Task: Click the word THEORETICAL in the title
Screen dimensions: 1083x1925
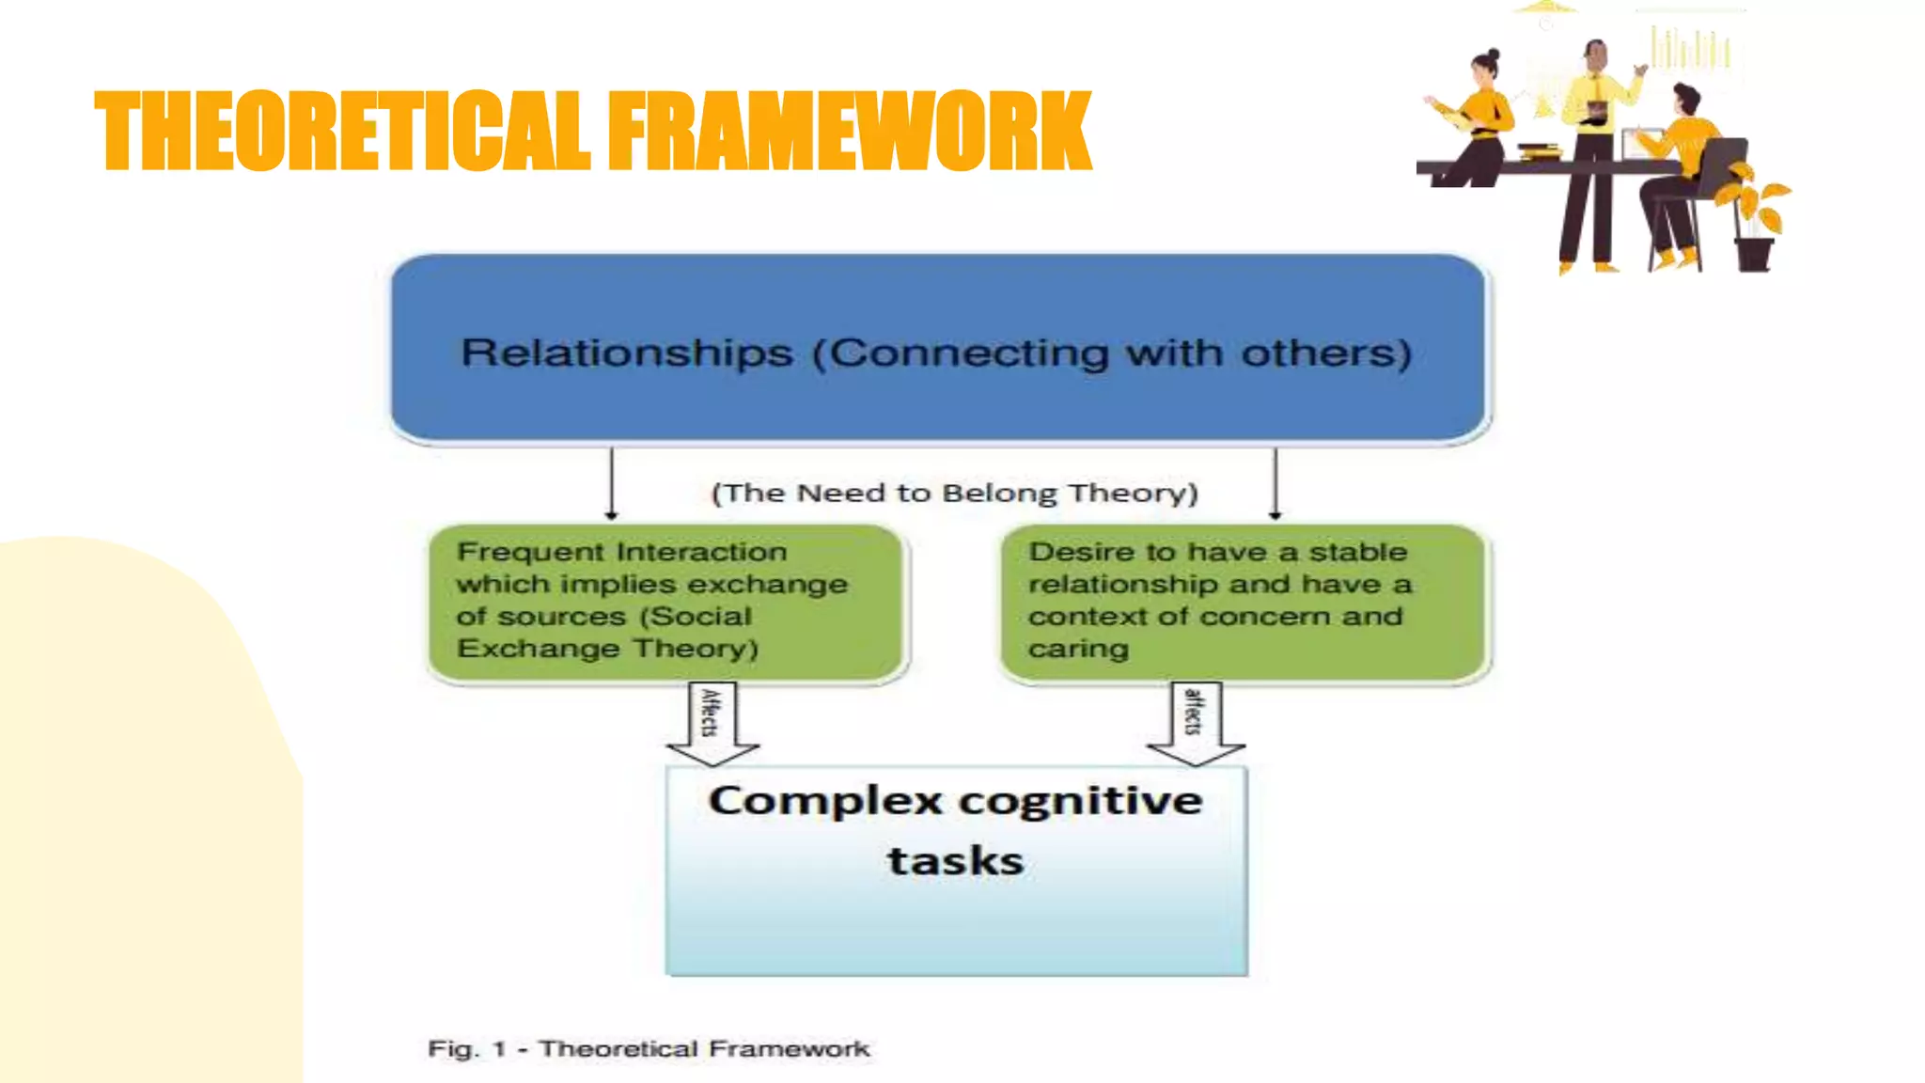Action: coord(343,132)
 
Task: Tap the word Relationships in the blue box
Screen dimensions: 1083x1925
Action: coord(627,353)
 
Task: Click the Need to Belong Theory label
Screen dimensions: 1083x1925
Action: coord(954,494)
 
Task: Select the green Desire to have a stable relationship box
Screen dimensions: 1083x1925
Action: coord(1243,602)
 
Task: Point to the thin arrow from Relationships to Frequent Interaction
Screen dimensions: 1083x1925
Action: coord(612,483)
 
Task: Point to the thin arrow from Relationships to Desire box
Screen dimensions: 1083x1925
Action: coord(1276,483)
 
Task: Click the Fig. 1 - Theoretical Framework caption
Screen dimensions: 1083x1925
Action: coord(649,1048)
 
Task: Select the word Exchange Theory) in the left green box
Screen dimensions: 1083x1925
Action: coord(607,649)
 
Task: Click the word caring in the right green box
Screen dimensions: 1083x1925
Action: coord(1078,649)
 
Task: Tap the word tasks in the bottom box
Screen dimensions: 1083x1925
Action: coord(955,861)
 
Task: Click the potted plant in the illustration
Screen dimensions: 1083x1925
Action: coord(1756,221)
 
